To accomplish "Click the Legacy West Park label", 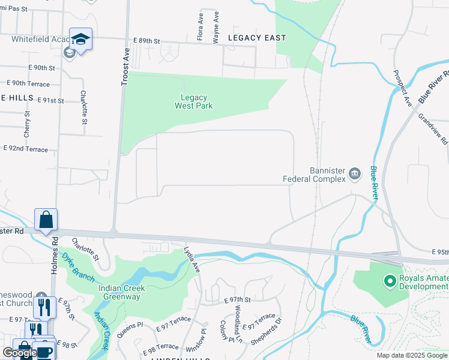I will (x=194, y=102).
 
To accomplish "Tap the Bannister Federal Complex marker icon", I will (x=355, y=174).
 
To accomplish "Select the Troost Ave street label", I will (x=125, y=67).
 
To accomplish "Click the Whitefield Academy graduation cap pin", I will (x=80, y=39).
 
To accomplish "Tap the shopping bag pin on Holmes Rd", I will (x=46, y=220).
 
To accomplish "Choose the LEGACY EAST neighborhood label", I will (x=257, y=38).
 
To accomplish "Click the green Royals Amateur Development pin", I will (x=390, y=280).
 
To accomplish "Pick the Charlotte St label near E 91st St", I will (x=84, y=108).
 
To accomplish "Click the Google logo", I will (x=20, y=353).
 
